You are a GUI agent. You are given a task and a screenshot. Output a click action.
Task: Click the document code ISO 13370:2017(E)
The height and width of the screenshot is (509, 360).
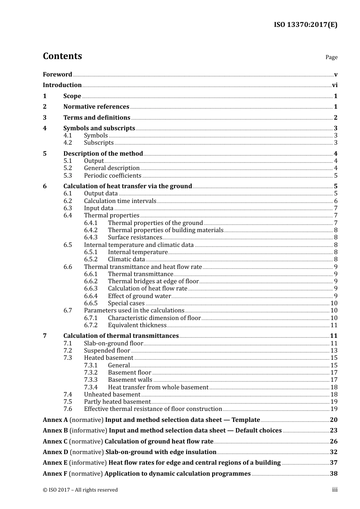click(305, 25)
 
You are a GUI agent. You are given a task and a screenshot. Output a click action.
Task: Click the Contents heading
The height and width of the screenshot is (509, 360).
click(62, 56)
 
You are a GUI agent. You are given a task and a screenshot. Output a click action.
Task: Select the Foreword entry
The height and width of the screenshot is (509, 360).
click(57, 75)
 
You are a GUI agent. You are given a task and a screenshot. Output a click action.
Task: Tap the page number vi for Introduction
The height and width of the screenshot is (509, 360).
click(335, 85)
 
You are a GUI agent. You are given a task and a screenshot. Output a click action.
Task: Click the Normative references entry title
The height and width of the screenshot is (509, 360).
click(96, 107)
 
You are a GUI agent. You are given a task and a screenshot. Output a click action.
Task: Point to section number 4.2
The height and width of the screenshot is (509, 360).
click(68, 143)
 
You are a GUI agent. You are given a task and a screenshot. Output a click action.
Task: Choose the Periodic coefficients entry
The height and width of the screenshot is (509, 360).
click(113, 176)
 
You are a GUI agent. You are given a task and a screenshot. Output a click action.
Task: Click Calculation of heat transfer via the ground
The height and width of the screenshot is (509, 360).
click(127, 186)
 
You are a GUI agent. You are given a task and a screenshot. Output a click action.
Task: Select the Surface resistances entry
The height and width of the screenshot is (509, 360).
click(135, 237)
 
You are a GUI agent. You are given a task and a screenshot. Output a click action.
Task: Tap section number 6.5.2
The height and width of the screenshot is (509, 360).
click(91, 259)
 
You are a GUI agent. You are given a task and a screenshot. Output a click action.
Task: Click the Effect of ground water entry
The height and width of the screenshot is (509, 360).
click(139, 296)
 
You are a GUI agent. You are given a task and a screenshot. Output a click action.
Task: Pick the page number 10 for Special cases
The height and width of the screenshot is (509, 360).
click(334, 303)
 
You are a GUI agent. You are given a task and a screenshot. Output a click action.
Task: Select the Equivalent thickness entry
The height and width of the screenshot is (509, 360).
click(137, 325)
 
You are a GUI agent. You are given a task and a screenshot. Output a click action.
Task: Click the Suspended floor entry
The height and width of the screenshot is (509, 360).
click(107, 351)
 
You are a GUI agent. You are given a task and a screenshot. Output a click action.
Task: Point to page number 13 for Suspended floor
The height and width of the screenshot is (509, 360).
click(334, 351)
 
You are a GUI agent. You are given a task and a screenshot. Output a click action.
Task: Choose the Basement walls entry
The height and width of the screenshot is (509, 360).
click(130, 380)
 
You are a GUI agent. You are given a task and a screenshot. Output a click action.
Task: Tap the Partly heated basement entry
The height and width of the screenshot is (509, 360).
click(117, 402)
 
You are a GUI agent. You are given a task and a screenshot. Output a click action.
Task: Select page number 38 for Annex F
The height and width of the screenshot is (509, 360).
click(333, 474)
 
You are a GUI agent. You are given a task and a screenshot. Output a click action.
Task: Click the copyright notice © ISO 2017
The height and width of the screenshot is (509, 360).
click(80, 490)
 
